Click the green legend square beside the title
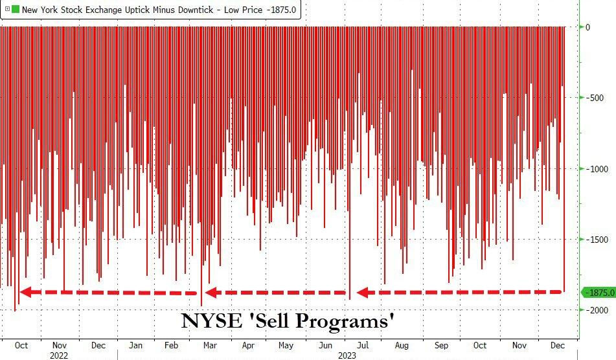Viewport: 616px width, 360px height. pyautogui.click(x=16, y=10)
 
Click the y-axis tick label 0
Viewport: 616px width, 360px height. pyautogui.click(x=587, y=27)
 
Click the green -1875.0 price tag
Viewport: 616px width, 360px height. pyautogui.click(x=599, y=293)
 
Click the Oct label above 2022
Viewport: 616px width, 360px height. pyautogui.click(x=21, y=345)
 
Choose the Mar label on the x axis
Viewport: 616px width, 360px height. pyautogui.click(x=211, y=345)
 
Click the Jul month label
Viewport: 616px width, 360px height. pyautogui.click(x=363, y=345)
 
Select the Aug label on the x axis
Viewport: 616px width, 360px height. pyautogui.click(x=402, y=345)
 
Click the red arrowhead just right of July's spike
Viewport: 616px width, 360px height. pyautogui.click(x=363, y=293)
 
